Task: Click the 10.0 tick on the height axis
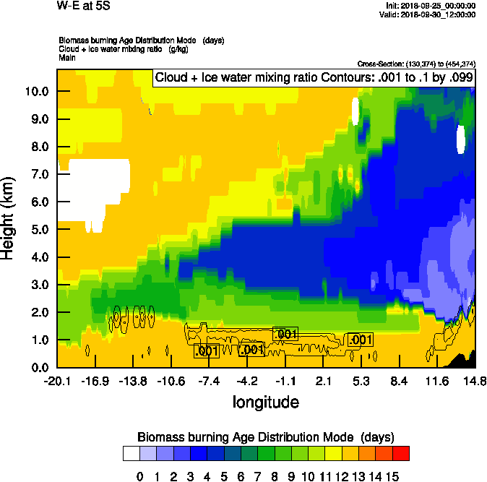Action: tap(38, 92)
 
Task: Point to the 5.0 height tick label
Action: tap(38, 230)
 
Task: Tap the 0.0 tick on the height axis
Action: tap(38, 368)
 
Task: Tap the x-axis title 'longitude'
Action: tap(266, 401)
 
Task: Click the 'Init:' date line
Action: tap(431, 6)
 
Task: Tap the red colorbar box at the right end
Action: tap(401, 454)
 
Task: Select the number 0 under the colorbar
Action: tap(140, 476)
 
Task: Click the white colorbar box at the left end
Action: tap(131, 454)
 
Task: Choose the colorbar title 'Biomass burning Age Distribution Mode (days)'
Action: tap(265, 437)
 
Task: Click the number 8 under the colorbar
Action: tap(275, 476)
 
